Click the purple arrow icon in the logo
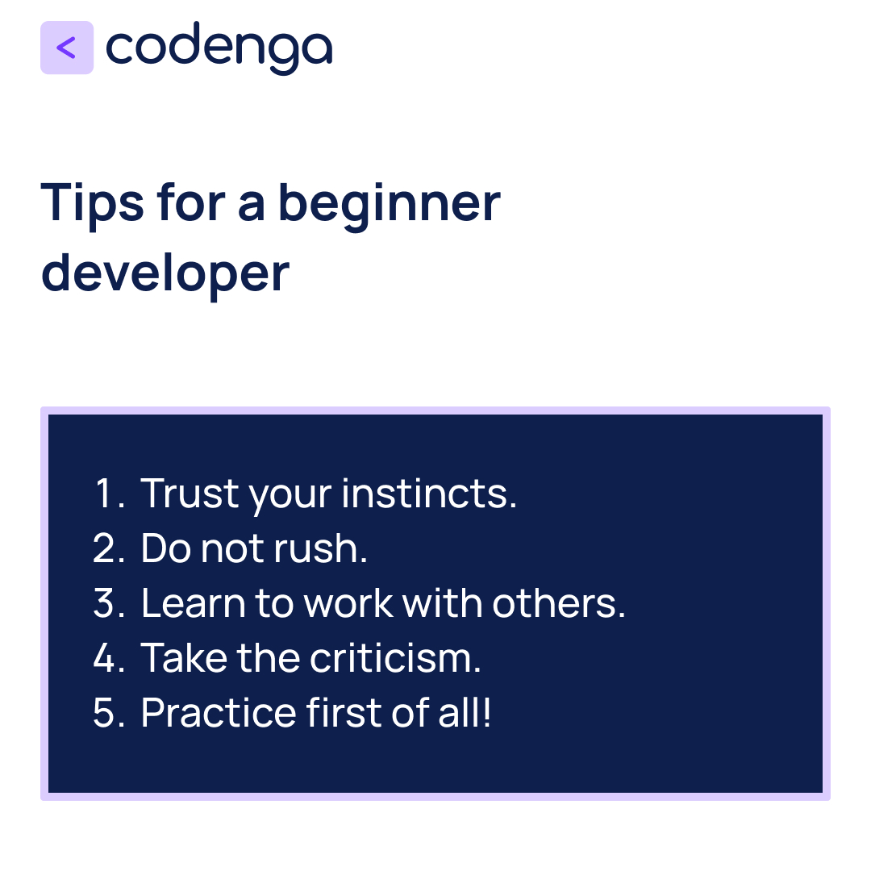[x=67, y=48]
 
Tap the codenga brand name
[x=219, y=48]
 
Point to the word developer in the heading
[x=165, y=273]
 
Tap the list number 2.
[x=108, y=548]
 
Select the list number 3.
[x=108, y=603]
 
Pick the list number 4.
[x=108, y=658]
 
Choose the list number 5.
[x=108, y=713]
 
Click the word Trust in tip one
[x=190, y=494]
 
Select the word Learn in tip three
[x=194, y=603]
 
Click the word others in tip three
[x=558, y=603]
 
